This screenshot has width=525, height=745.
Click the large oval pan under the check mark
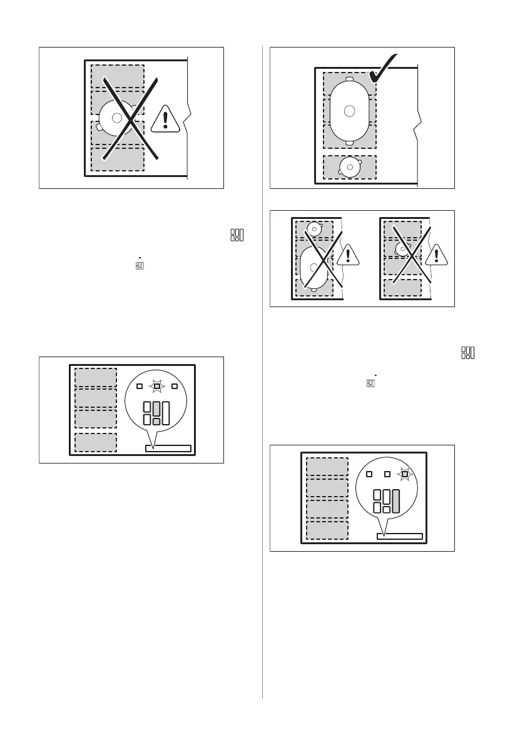click(x=350, y=111)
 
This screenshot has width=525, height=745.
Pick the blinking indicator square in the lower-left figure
click(x=157, y=386)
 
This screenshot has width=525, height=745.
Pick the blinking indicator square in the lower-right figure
click(x=405, y=474)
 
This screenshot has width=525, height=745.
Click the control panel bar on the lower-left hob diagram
click(x=168, y=448)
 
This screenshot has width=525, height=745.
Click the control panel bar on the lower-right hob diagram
click(x=399, y=536)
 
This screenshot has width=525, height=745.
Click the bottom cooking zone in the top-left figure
click(x=117, y=159)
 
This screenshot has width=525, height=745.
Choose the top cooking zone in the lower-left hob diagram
click(x=96, y=378)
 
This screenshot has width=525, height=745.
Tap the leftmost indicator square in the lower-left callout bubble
click(x=140, y=386)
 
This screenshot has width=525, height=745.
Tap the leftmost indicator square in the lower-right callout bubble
click(x=369, y=474)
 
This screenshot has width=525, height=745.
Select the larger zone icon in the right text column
click(x=467, y=353)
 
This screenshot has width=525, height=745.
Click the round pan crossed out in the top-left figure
click(x=117, y=118)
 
